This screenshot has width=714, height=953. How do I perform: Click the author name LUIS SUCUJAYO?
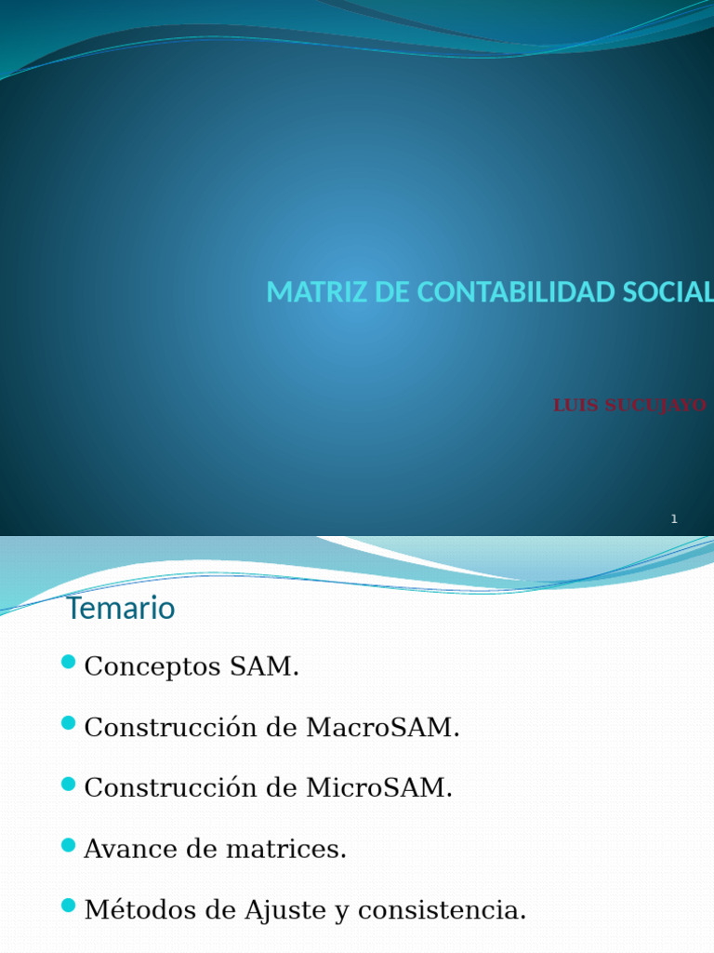[629, 406]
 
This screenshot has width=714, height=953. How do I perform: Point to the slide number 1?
[674, 519]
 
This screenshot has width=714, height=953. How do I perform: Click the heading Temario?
[121, 609]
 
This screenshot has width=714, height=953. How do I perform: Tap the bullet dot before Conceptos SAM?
[68, 663]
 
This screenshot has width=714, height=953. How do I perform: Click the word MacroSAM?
[383, 728]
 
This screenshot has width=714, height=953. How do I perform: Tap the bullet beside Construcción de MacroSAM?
[68, 723]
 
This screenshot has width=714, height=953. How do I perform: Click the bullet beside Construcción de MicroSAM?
[68, 784]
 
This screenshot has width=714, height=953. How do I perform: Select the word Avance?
[121, 849]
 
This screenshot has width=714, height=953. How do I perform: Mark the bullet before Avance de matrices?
[68, 845]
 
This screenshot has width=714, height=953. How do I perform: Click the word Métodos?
[134, 909]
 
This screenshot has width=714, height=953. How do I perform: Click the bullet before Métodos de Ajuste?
[68, 906]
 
